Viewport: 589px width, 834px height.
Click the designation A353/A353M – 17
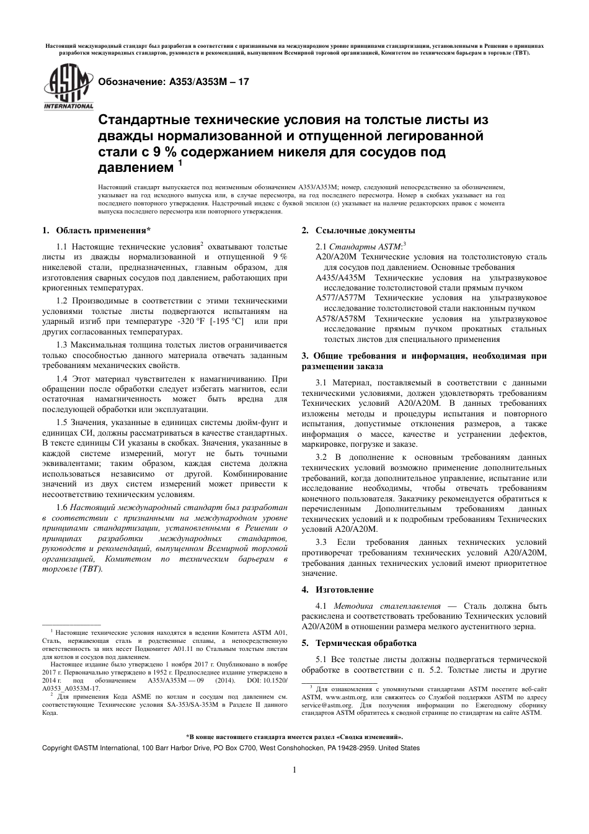[170, 81]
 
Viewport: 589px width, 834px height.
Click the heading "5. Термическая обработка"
[359, 643]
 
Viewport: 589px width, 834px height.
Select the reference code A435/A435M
[336, 277]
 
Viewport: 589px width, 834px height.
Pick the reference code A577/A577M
[336, 297]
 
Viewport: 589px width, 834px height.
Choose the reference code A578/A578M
[336, 318]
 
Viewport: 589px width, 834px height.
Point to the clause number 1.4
[62, 378]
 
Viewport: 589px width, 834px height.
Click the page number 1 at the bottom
[294, 770]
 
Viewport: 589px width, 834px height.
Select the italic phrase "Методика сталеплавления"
[387, 606]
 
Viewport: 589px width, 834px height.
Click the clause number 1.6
[62, 507]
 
